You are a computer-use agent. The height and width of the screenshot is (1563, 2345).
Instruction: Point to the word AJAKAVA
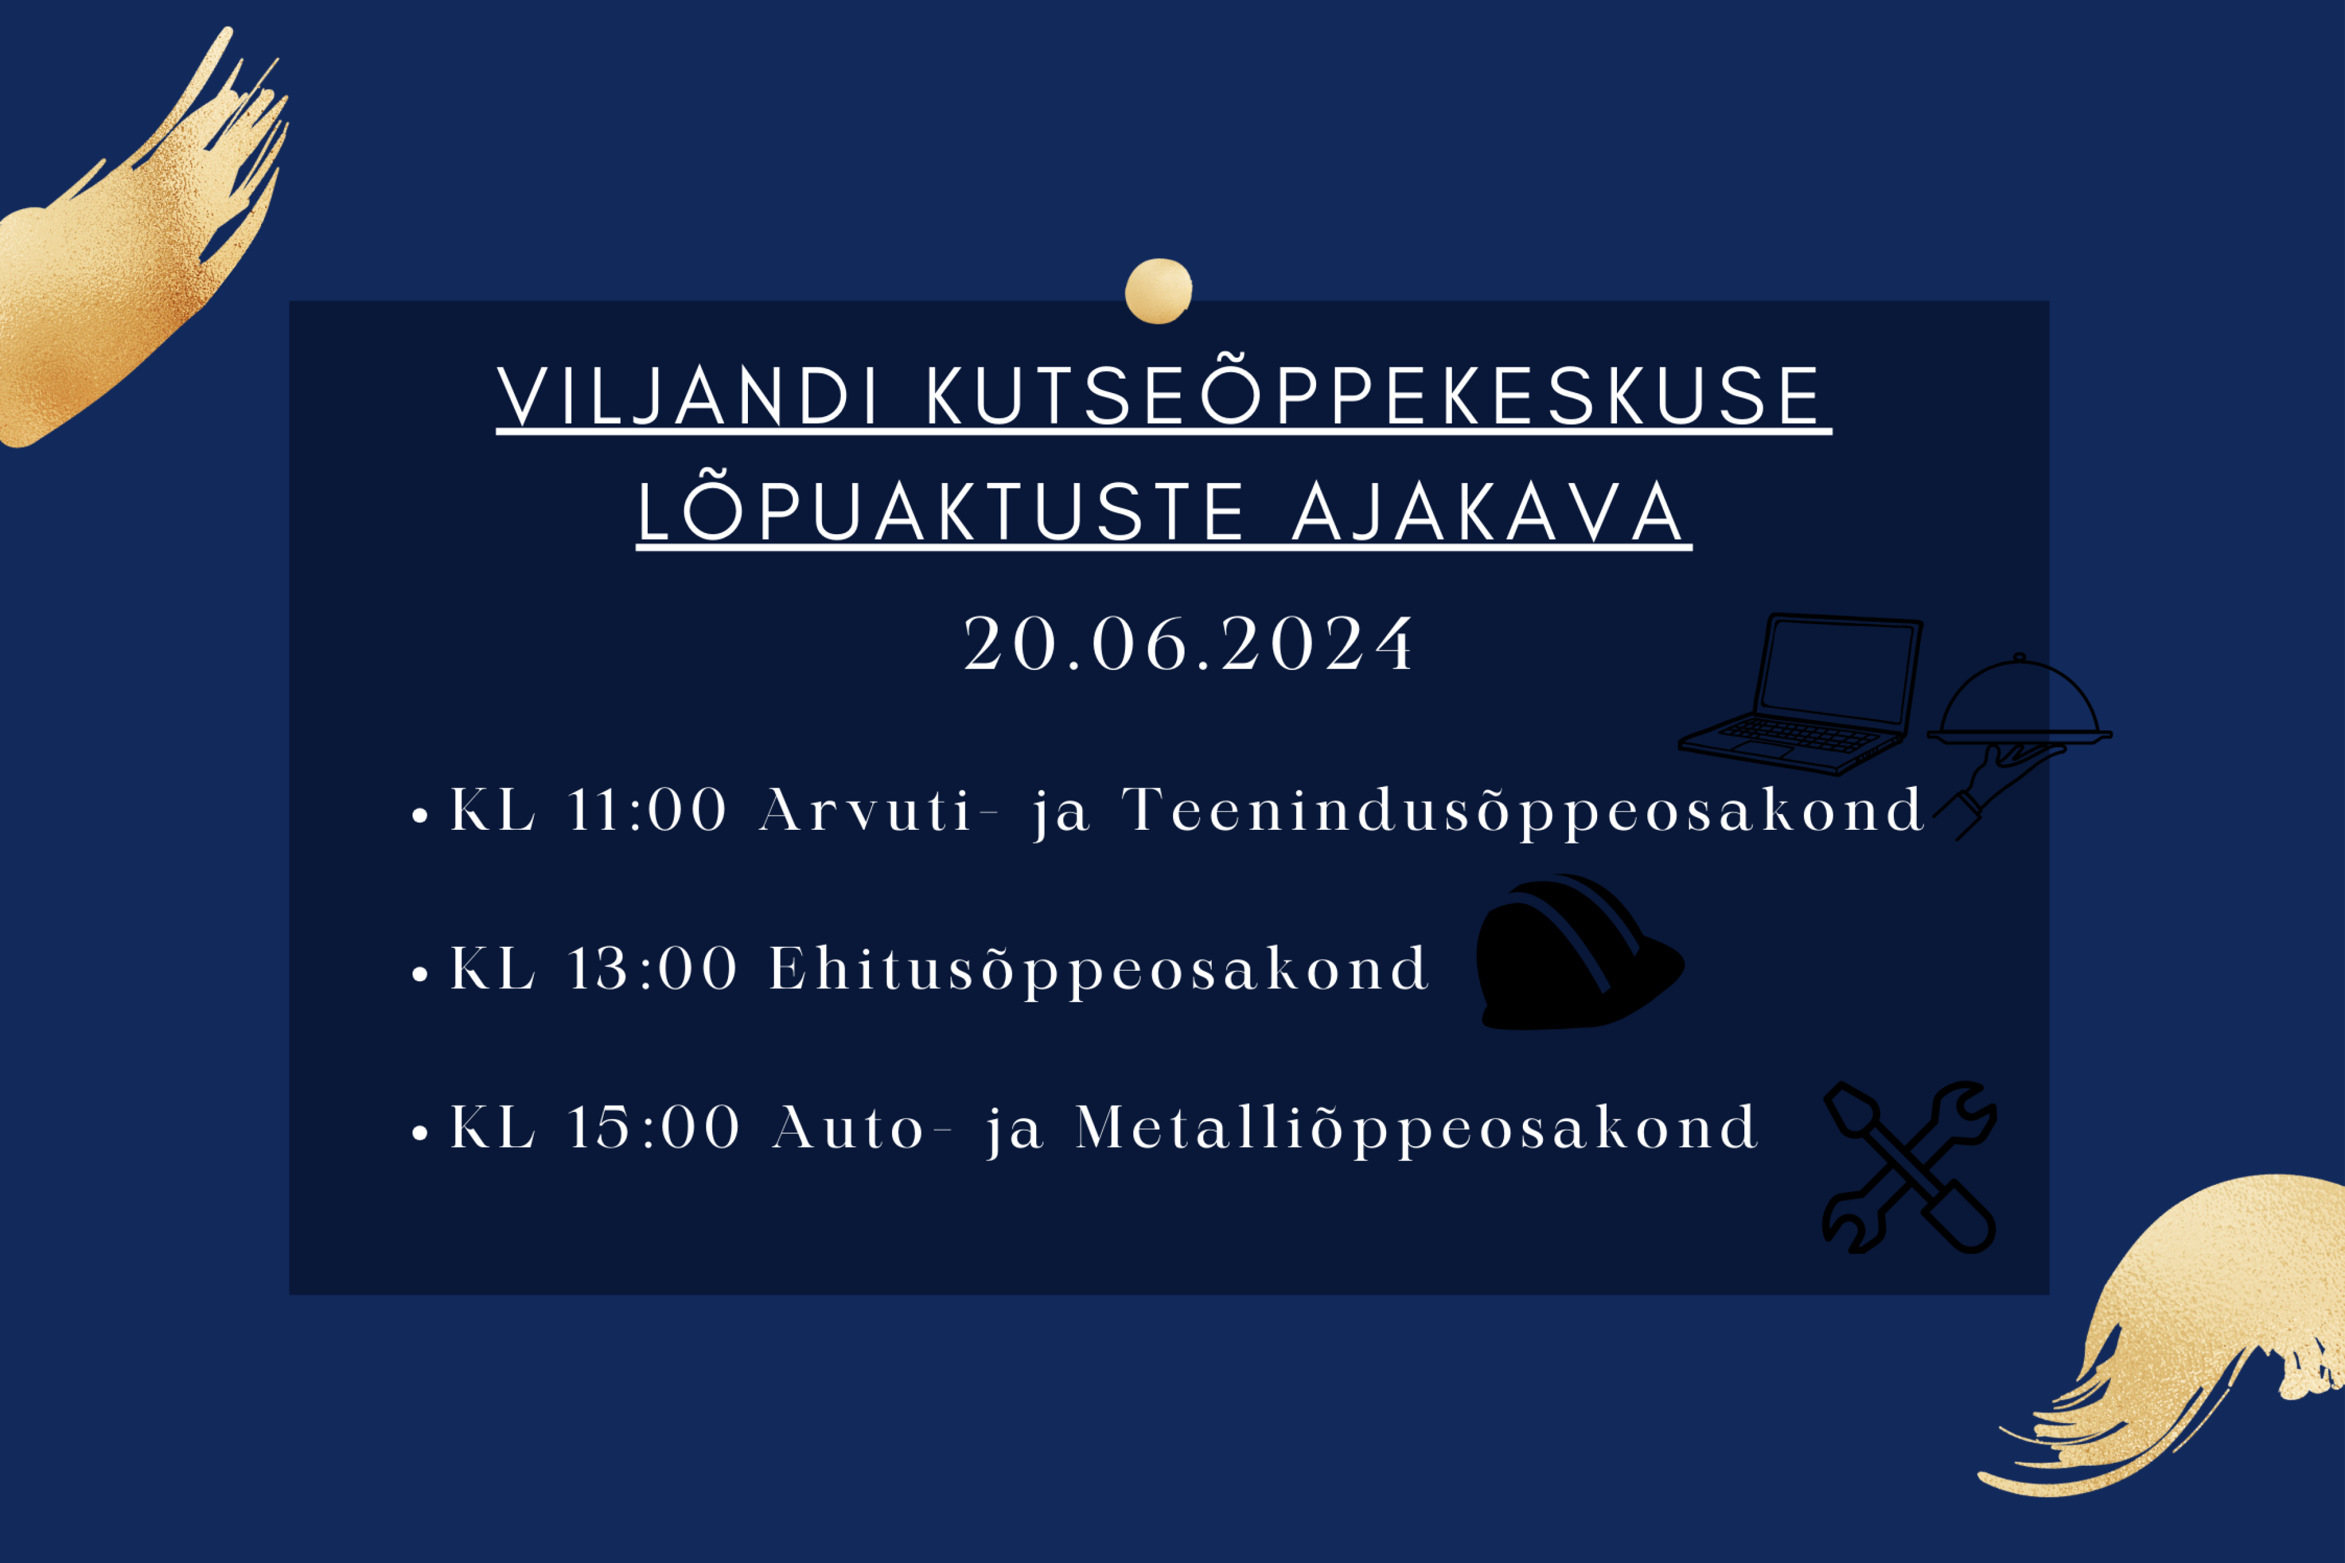tap(1487, 513)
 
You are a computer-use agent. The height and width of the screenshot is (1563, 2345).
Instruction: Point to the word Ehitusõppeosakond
tap(1100, 972)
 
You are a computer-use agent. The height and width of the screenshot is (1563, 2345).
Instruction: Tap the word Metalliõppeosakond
tap(1416, 1131)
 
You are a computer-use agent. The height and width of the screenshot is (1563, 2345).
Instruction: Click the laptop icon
tap(1800, 695)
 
